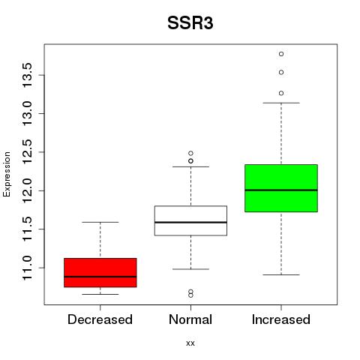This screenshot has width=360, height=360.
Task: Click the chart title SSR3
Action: click(x=190, y=23)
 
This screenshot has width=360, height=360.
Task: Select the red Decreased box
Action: click(x=100, y=272)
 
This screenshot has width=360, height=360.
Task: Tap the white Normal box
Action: click(x=190, y=220)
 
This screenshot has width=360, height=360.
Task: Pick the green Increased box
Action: click(x=281, y=188)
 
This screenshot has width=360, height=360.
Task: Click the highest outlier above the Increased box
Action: click(x=281, y=54)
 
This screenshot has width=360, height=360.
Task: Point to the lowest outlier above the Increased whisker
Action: click(x=281, y=93)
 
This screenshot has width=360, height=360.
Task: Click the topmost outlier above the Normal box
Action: click(x=190, y=153)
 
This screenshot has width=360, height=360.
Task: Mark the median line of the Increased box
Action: click(x=281, y=190)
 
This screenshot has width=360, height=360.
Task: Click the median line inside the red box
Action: click(x=100, y=277)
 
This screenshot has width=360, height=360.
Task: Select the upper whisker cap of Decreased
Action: click(x=100, y=222)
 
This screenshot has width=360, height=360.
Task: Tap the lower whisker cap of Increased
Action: click(x=281, y=274)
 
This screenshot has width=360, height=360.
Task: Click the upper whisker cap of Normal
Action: click(x=190, y=166)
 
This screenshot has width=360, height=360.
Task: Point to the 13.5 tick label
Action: click(x=27, y=75)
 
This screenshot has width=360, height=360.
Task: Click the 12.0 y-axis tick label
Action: click(x=27, y=190)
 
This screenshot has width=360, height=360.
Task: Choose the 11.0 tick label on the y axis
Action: click(x=27, y=268)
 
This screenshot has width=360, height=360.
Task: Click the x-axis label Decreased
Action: click(x=100, y=319)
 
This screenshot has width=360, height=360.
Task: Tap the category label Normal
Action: click(x=190, y=319)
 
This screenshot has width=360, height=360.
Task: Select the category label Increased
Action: click(x=281, y=319)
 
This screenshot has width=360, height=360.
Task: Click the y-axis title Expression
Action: click(x=7, y=174)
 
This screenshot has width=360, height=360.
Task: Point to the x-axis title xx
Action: click(x=190, y=343)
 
